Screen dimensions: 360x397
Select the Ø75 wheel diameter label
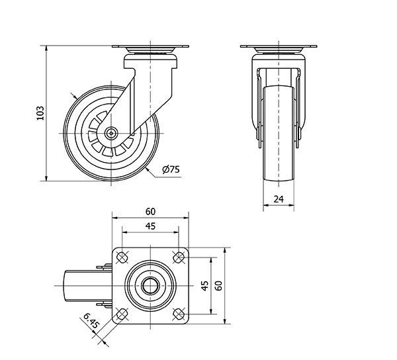coord(170,169)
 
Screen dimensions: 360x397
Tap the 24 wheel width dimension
coord(278,198)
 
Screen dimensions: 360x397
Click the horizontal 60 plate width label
coord(150,211)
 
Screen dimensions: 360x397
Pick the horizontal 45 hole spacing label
coord(150,227)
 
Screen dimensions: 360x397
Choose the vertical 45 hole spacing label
coord(204,285)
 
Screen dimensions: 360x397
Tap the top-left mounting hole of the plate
coord(122,257)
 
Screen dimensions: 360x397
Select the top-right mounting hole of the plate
coord(178,257)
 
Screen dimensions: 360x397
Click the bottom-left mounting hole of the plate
coord(122,313)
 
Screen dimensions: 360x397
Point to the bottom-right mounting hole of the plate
coord(178,313)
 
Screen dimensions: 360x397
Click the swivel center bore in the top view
coord(150,285)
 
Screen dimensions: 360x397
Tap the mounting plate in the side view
coord(151,47)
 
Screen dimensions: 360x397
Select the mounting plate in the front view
coord(278,47)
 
